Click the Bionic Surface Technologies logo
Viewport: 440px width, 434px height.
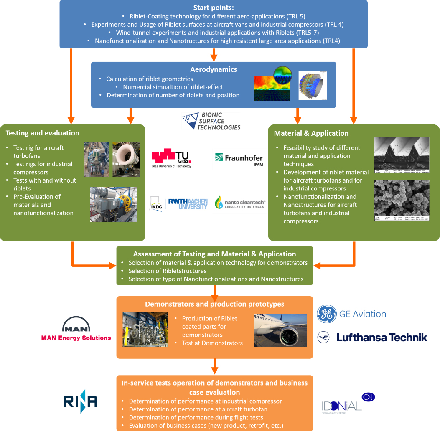(211, 121)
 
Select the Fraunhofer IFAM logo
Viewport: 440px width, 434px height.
(239, 160)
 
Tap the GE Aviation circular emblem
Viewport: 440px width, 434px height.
(327, 314)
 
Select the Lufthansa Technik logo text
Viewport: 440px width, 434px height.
(382, 338)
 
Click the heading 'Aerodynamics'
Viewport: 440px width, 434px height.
(214, 70)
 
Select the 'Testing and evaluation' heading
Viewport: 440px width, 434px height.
(42, 133)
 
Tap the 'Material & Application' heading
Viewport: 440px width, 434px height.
(311, 133)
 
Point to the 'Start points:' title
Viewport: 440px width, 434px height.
(214, 8)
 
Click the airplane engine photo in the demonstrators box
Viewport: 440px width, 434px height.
(280, 330)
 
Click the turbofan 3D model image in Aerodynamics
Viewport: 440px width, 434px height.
(313, 86)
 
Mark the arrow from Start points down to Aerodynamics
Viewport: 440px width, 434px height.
(214, 55)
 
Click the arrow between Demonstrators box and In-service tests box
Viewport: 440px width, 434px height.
(215, 366)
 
